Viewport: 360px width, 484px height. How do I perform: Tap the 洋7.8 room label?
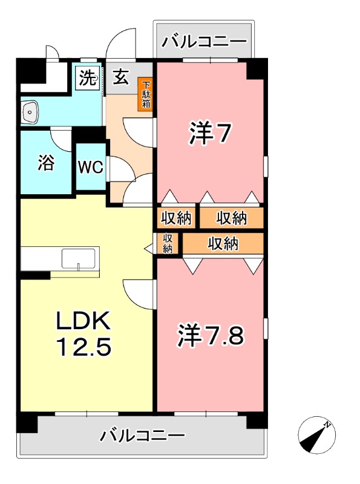click(211, 336)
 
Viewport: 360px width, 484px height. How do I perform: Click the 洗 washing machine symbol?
click(88, 78)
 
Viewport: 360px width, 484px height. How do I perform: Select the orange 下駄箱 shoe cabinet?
click(146, 94)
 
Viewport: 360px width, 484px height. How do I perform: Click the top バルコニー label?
click(206, 42)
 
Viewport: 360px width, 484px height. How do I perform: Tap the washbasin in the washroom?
click(30, 111)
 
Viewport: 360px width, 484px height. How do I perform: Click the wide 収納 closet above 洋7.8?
click(223, 244)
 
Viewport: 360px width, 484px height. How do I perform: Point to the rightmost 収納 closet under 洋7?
click(232, 217)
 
